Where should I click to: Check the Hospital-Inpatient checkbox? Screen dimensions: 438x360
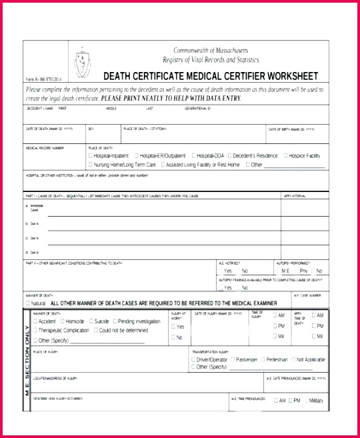click(89, 155)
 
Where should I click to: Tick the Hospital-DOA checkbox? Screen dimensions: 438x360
click(194, 155)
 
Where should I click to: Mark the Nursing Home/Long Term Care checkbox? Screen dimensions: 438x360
click(89, 164)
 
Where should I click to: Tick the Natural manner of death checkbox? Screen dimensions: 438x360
click(27, 303)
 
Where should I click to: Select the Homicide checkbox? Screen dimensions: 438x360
click(61, 321)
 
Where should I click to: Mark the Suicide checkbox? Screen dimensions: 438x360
click(91, 321)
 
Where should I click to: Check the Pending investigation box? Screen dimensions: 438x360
click(115, 321)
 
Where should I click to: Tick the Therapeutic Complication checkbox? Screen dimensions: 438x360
click(35, 331)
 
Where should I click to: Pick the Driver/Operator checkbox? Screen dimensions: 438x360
click(193, 359)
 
